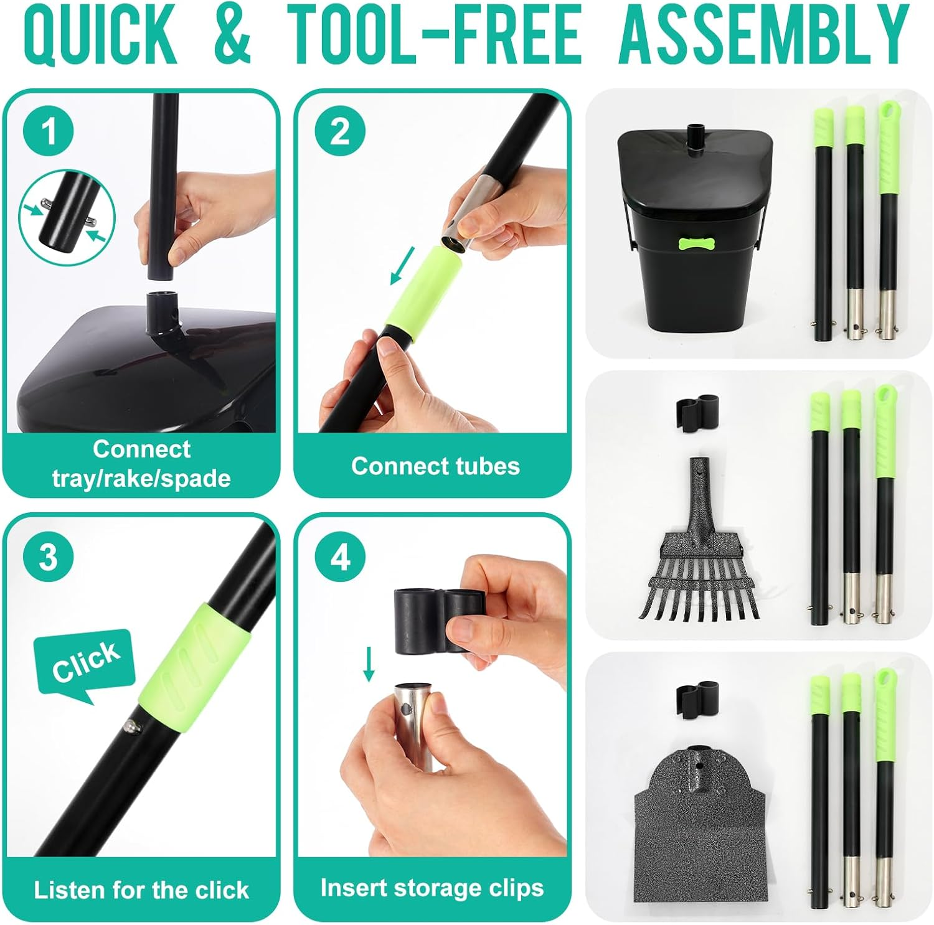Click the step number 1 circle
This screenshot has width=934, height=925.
49,131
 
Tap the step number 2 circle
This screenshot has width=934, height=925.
339,131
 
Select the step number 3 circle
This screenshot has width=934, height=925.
49,556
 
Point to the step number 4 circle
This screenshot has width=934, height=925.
339,556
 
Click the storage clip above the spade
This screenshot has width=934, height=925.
697,694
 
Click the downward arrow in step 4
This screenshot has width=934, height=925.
369,664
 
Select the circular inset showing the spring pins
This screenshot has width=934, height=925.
67,218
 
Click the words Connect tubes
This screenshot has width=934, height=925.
435,466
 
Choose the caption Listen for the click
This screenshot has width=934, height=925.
141,890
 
